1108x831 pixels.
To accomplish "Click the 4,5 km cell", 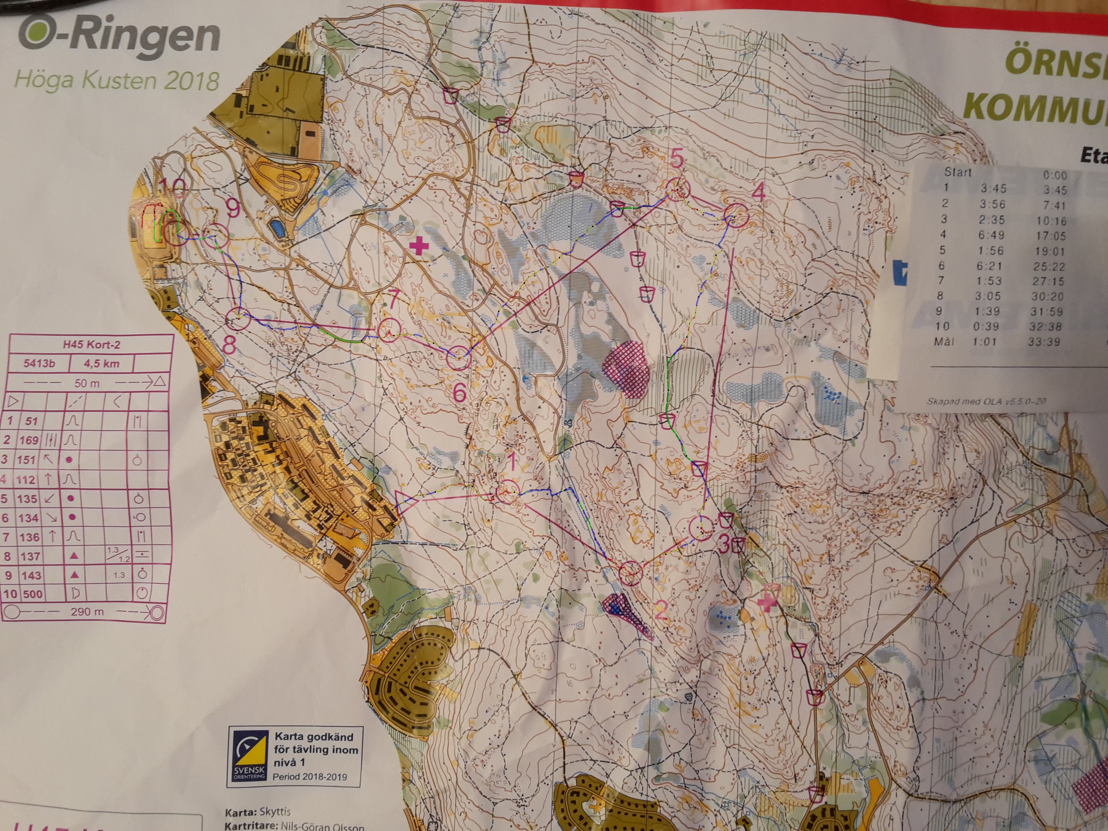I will click(101, 364).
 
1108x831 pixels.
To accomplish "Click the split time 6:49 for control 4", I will click(992, 235).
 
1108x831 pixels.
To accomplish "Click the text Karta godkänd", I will click(314, 737).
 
